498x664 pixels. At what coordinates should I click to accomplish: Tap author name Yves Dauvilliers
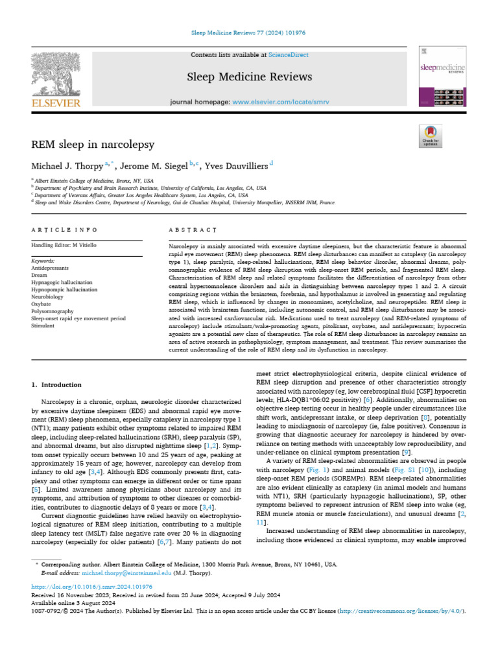233,167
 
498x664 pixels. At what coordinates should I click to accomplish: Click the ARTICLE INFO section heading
65,230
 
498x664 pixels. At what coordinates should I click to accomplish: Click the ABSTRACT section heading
192,230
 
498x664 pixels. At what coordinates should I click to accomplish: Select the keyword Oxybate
43,304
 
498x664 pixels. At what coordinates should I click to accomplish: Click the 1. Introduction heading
57,385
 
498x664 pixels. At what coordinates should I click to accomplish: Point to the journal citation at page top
249,32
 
